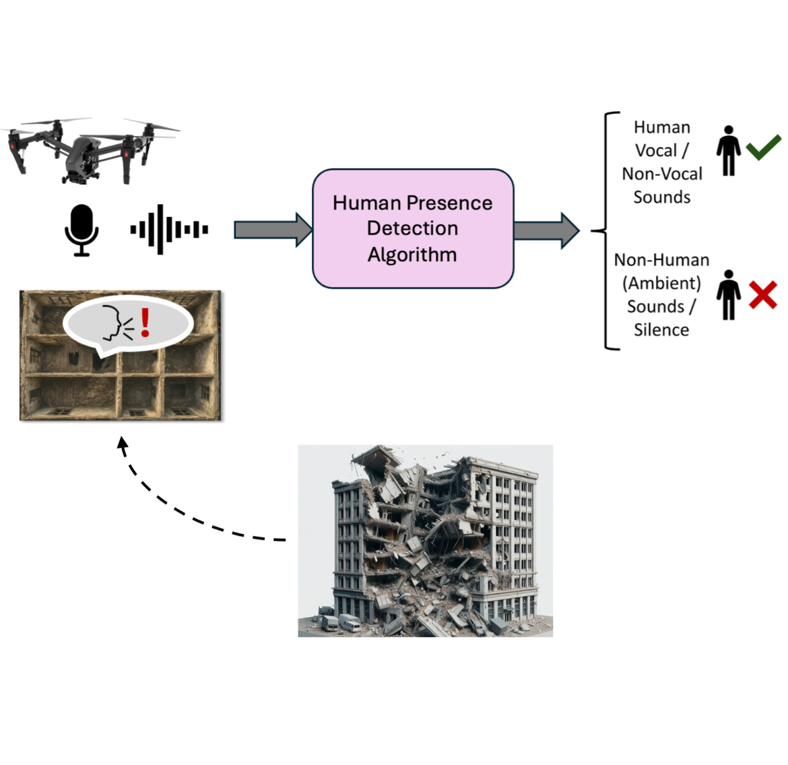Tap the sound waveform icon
(169, 230)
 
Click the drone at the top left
(91, 150)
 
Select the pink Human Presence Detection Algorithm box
(413, 228)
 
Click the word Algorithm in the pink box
(412, 255)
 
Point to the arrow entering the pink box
(272, 230)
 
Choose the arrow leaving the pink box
(546, 230)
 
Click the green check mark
(763, 147)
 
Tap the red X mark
(762, 295)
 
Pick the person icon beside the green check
(728, 151)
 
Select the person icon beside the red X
(728, 295)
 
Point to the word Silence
(661, 330)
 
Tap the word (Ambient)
(661, 283)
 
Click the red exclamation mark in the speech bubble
(145, 323)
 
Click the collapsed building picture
(425, 541)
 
